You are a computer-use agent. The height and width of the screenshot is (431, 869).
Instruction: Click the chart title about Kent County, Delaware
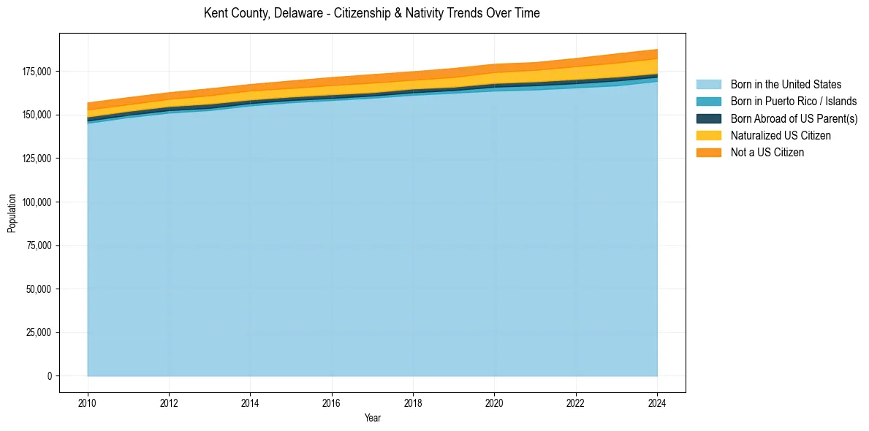pyautogui.click(x=372, y=13)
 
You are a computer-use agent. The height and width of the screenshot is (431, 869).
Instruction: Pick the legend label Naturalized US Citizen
pyautogui.click(x=781, y=136)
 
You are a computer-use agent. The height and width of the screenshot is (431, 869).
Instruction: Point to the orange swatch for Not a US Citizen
pyautogui.click(x=708, y=153)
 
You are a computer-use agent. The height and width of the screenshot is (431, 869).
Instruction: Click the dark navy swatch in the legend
pyautogui.click(x=708, y=118)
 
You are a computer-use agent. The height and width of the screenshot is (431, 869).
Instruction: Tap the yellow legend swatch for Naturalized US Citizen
pyautogui.click(x=708, y=136)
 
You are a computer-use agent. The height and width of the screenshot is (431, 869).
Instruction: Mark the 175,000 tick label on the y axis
pyautogui.click(x=37, y=72)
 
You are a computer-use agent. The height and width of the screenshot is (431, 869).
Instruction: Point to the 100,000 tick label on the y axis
pyautogui.click(x=37, y=202)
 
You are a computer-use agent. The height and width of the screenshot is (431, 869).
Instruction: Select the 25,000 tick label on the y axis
pyautogui.click(x=39, y=333)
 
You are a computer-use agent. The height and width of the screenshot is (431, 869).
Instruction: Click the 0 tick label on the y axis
pyautogui.click(x=50, y=376)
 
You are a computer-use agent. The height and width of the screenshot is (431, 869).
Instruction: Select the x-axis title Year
pyautogui.click(x=372, y=419)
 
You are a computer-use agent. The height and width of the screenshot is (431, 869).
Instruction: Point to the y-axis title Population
pyautogui.click(x=12, y=213)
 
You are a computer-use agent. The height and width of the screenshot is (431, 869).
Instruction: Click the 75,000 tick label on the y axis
pyautogui.click(x=39, y=245)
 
